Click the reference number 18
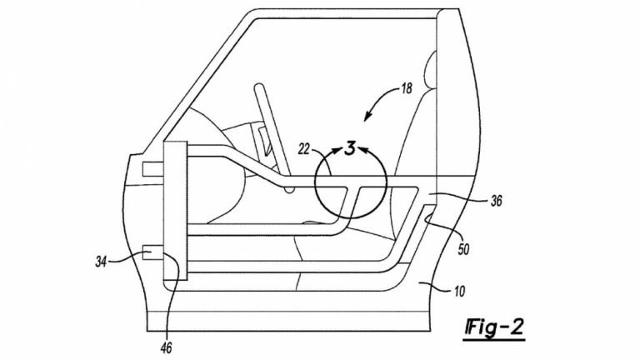pyautogui.click(x=406, y=88)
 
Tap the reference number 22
pyautogui.click(x=304, y=149)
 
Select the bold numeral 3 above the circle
pyautogui.click(x=350, y=148)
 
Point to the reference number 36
pyautogui.click(x=496, y=200)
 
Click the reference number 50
pyautogui.click(x=463, y=249)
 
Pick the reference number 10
pyautogui.click(x=459, y=292)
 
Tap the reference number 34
pyautogui.click(x=101, y=261)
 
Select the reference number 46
pyautogui.click(x=166, y=347)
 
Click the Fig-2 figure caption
pyautogui.click(x=494, y=327)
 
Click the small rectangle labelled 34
pyautogui.click(x=152, y=252)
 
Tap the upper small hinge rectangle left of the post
pyautogui.click(x=152, y=169)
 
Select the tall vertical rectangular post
pyautogui.click(x=175, y=211)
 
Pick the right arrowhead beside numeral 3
pyautogui.click(x=362, y=149)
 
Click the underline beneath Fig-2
pyautogui.click(x=494, y=339)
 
